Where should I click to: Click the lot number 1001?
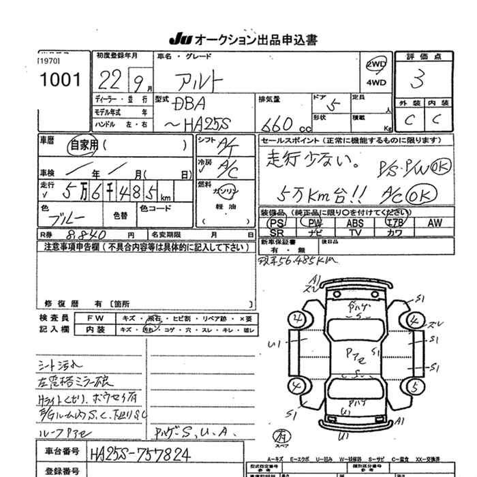(61, 80)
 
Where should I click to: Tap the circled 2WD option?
(375, 65)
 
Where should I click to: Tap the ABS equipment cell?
(354, 223)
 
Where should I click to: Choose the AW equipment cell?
(435, 223)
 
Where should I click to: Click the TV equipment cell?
(354, 232)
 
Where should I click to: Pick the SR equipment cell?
(276, 232)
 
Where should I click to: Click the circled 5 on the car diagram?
(412, 387)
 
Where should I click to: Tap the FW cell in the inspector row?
(95, 318)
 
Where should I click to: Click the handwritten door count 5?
(334, 105)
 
